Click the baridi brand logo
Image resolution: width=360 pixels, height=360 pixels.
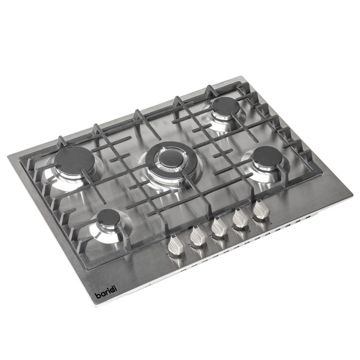(107, 295)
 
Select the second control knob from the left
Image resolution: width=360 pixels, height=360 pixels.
(197, 237)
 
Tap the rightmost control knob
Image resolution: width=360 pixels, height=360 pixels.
(261, 210)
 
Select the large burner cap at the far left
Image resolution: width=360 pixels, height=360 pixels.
(76, 161)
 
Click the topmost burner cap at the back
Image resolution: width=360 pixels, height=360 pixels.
(225, 107)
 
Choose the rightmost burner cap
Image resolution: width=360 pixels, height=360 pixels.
(266, 157)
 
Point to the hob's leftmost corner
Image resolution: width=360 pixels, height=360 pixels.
(8, 157)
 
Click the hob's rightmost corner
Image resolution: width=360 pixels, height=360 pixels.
(352, 195)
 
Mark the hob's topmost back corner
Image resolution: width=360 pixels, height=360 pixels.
(240, 76)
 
